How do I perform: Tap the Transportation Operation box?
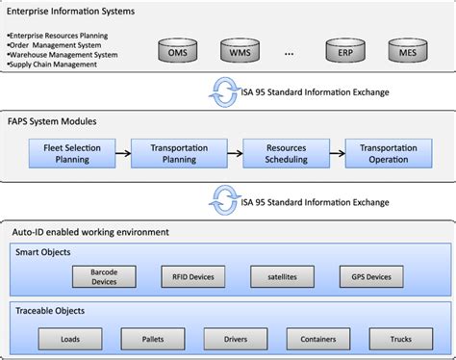388,153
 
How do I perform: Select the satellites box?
283,276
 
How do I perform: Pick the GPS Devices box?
366,276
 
